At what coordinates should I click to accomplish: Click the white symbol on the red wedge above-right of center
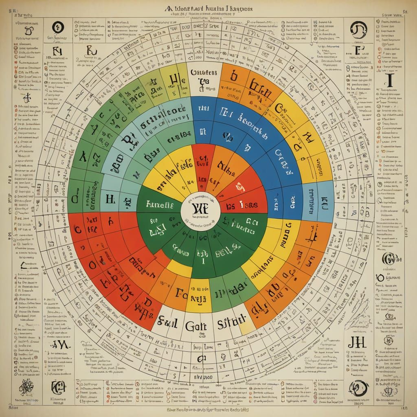(x=241, y=186)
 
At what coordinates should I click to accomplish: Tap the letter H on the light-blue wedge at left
(x=109, y=199)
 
